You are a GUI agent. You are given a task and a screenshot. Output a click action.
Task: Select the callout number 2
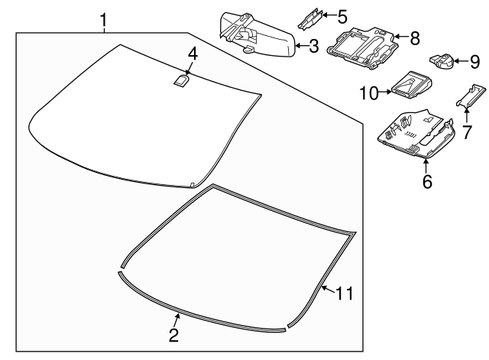point(173,335)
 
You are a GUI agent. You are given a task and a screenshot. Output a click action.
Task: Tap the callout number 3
point(314,47)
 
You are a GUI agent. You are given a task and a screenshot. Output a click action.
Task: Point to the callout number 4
point(193,54)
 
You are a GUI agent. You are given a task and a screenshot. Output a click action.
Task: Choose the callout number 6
point(427,181)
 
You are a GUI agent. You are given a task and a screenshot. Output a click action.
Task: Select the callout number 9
point(474,60)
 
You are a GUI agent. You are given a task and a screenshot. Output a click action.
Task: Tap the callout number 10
point(369,92)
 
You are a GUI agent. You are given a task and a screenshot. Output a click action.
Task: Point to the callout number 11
point(345,292)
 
